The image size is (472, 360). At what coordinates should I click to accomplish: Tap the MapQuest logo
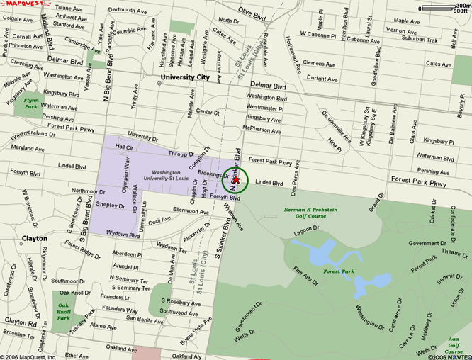point(19,5)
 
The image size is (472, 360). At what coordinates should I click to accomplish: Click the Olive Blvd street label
point(254,12)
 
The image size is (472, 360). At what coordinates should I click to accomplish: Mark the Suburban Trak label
point(400,40)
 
